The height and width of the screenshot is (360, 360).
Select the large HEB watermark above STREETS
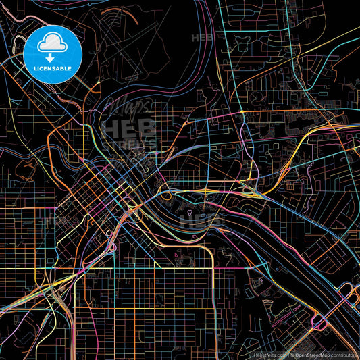pyautogui.click(x=128, y=128)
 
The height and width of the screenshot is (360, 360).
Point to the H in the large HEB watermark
pyautogui.click(x=111, y=128)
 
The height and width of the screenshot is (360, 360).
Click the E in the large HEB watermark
pyautogui.click(x=128, y=128)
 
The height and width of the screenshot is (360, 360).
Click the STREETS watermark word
pyautogui.click(x=128, y=144)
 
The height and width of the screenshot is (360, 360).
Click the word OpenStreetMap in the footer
pyautogui.click(x=312, y=354)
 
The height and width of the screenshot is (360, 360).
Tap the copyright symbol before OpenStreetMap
pyautogui.click(x=292, y=354)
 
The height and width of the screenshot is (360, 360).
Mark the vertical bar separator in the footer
pyautogui.click(x=287, y=354)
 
